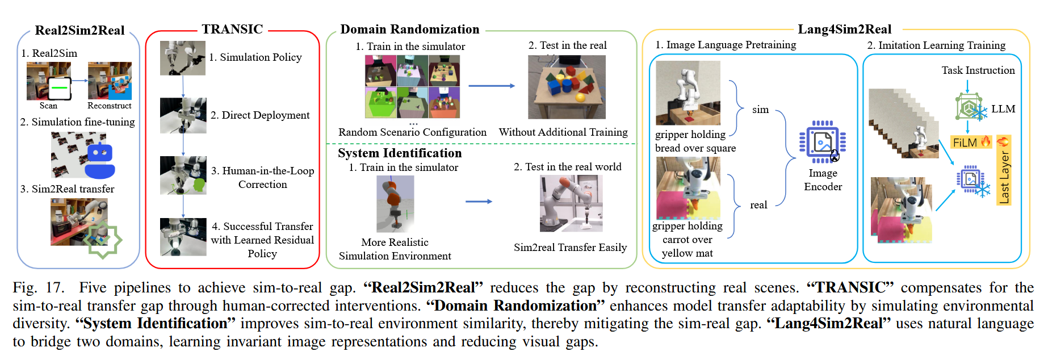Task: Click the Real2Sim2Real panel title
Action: [79, 31]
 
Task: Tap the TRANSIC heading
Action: [232, 29]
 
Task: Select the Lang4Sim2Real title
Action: [844, 30]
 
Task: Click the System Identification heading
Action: [400, 153]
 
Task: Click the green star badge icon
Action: [102, 240]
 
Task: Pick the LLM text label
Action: [1003, 109]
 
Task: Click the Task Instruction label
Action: [978, 70]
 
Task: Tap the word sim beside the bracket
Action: [760, 110]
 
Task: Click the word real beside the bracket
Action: [758, 205]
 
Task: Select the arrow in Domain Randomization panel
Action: [491, 86]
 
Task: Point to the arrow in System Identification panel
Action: [479, 202]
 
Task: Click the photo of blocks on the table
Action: [567, 87]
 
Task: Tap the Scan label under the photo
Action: [48, 106]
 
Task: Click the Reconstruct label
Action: [109, 106]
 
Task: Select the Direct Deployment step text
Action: [260, 115]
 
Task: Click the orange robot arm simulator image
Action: [395, 204]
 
